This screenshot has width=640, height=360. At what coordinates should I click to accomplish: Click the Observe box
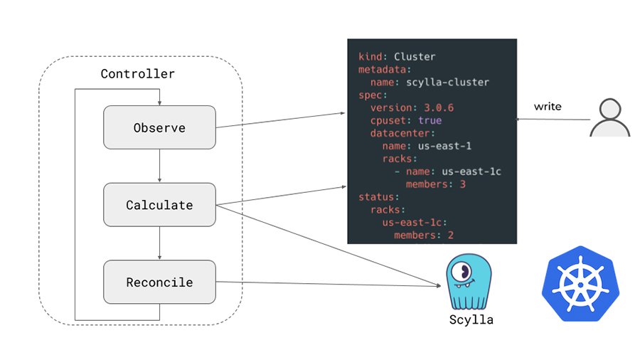coord(159,127)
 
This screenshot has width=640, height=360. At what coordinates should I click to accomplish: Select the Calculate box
coord(159,205)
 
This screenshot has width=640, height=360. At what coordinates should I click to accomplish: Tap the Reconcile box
coord(159,282)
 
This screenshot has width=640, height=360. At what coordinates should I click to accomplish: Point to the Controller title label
coord(137,74)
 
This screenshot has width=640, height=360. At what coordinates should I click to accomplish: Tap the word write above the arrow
coord(548,107)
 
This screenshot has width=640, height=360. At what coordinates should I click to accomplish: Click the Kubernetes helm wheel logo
coord(580,282)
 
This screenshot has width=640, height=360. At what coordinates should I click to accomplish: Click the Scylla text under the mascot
coord(471,319)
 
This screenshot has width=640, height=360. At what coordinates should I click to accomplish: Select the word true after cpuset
coord(430,120)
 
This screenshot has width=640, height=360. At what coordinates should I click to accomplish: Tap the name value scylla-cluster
coord(449,82)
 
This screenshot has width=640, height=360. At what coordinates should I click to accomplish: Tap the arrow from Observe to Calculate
coord(159,166)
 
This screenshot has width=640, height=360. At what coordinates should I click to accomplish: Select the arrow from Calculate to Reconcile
coord(159,243)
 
